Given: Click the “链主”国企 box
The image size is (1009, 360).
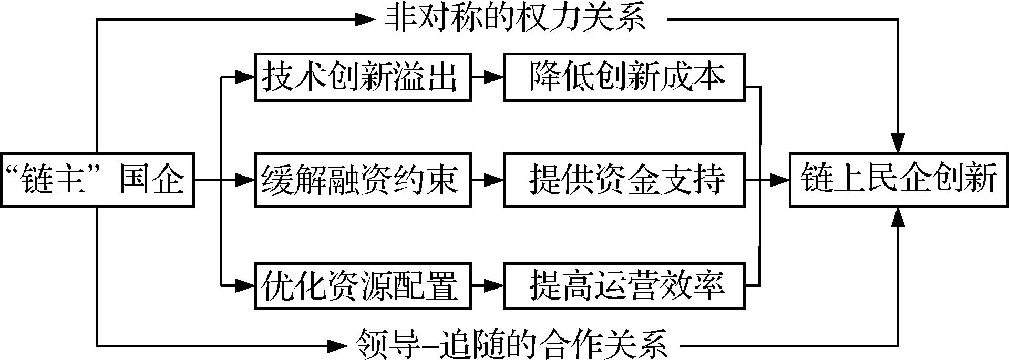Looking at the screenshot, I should pyautogui.click(x=97, y=180).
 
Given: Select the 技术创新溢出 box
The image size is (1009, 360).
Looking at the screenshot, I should pyautogui.click(x=363, y=77).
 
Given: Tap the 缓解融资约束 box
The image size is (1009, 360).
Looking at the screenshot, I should pyautogui.click(x=363, y=180).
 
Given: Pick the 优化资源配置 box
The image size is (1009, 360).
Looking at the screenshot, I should pyautogui.click(x=363, y=285).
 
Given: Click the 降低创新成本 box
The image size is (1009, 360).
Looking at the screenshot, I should pyautogui.click(x=624, y=77).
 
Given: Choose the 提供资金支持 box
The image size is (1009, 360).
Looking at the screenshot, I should pyautogui.click(x=624, y=180).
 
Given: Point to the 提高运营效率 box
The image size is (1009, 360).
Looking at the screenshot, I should pyautogui.click(x=624, y=285).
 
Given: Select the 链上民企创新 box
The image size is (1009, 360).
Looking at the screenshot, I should pyautogui.click(x=899, y=180).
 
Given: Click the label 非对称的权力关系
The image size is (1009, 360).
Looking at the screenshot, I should pyautogui.click(x=515, y=19).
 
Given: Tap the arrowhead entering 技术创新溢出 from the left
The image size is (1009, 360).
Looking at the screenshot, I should pyautogui.click(x=245, y=77).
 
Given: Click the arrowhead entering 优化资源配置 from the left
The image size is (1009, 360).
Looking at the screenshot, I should pyautogui.click(x=245, y=285).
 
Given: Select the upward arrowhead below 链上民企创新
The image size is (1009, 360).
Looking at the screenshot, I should pyautogui.click(x=899, y=216).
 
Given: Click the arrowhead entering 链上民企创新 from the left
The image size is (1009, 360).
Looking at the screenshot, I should pyautogui.click(x=780, y=180).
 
